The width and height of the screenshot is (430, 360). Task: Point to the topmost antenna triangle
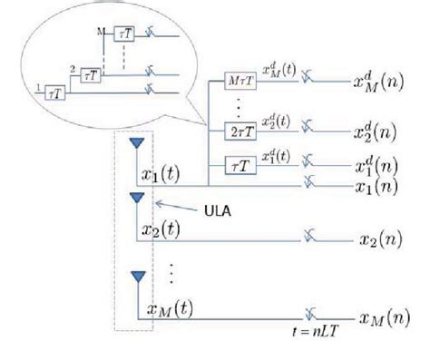[137, 144]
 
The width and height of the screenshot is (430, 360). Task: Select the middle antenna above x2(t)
[137, 197]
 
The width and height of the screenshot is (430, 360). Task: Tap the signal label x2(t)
[167, 228]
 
